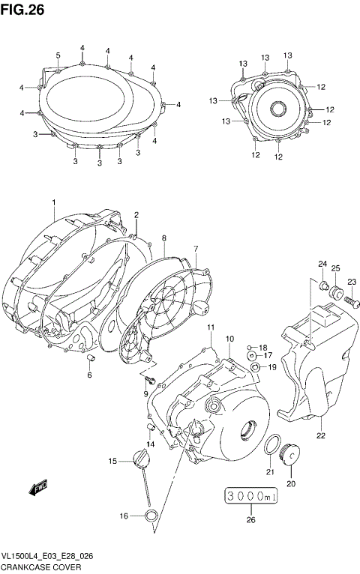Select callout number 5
(58, 55)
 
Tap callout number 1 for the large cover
(54, 203)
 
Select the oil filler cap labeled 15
(140, 459)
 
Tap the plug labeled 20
(290, 456)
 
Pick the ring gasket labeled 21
(272, 446)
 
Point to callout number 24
(322, 263)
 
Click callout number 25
(336, 268)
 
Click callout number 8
(163, 238)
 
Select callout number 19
(272, 367)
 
